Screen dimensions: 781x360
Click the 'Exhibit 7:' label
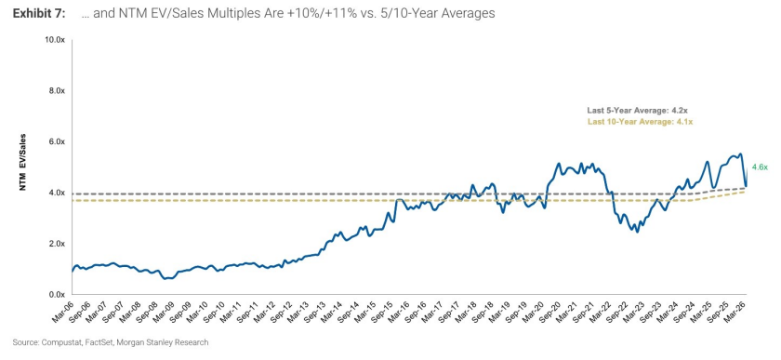pyautogui.click(x=38, y=14)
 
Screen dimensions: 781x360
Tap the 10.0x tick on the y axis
pyautogui.click(x=56, y=39)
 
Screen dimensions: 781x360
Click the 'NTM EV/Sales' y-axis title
pyautogui.click(x=23, y=163)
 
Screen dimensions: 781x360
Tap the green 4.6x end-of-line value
pyautogui.click(x=760, y=167)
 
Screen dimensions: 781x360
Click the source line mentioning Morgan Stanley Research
pyautogui.click(x=111, y=342)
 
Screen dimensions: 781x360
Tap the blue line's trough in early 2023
pyautogui.click(x=637, y=232)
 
